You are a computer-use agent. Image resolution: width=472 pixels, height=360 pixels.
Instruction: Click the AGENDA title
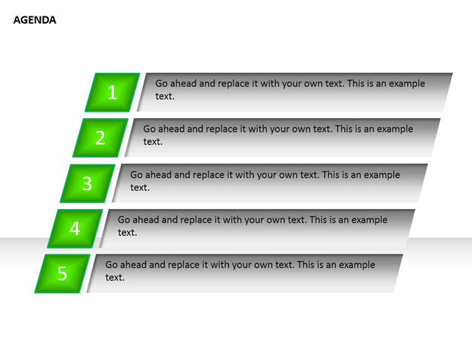click(x=35, y=20)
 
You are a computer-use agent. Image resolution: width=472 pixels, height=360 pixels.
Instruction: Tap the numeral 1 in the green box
click(x=112, y=92)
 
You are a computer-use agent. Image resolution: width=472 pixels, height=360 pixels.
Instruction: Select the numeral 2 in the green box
click(x=100, y=138)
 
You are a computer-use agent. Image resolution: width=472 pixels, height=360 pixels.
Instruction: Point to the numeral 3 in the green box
click(x=87, y=183)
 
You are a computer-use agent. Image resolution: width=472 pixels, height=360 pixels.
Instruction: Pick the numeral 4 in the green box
click(x=74, y=228)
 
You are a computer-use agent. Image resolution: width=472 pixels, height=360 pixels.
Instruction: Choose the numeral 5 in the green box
click(x=62, y=274)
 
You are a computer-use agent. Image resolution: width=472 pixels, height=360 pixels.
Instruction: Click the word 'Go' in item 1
click(x=161, y=83)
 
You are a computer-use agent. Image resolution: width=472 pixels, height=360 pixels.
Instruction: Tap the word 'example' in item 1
click(x=407, y=84)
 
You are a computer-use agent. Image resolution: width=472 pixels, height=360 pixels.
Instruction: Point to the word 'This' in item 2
click(x=343, y=129)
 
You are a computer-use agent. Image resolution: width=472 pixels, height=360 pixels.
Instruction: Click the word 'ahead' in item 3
click(x=158, y=175)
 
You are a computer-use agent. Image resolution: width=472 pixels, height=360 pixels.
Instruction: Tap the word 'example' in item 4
click(x=369, y=220)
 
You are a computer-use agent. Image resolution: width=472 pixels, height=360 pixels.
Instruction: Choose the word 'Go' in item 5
click(x=111, y=265)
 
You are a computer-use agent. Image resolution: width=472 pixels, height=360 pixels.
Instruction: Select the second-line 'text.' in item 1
click(x=165, y=97)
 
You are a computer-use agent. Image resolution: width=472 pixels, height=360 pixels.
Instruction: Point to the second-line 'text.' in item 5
click(x=115, y=277)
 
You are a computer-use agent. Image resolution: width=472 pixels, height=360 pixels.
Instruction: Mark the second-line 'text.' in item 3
click(x=140, y=187)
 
